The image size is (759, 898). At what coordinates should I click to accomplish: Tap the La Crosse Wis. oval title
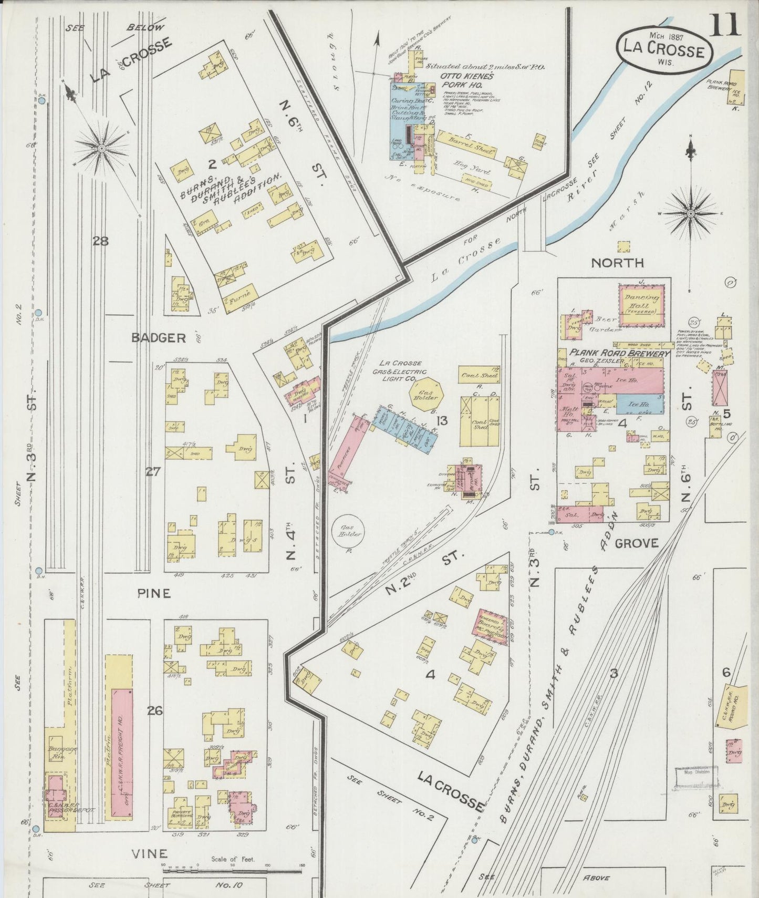click(664, 51)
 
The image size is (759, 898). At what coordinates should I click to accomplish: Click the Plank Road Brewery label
click(620, 354)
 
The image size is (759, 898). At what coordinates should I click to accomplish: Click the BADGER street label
click(159, 338)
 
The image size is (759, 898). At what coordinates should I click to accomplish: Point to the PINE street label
click(154, 593)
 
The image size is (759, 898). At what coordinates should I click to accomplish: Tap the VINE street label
click(151, 854)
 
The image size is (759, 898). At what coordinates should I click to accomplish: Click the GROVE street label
click(636, 543)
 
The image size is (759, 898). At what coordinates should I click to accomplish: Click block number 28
click(100, 241)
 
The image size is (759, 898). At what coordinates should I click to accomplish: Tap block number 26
click(154, 711)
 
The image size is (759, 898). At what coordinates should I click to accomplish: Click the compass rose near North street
click(691, 214)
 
